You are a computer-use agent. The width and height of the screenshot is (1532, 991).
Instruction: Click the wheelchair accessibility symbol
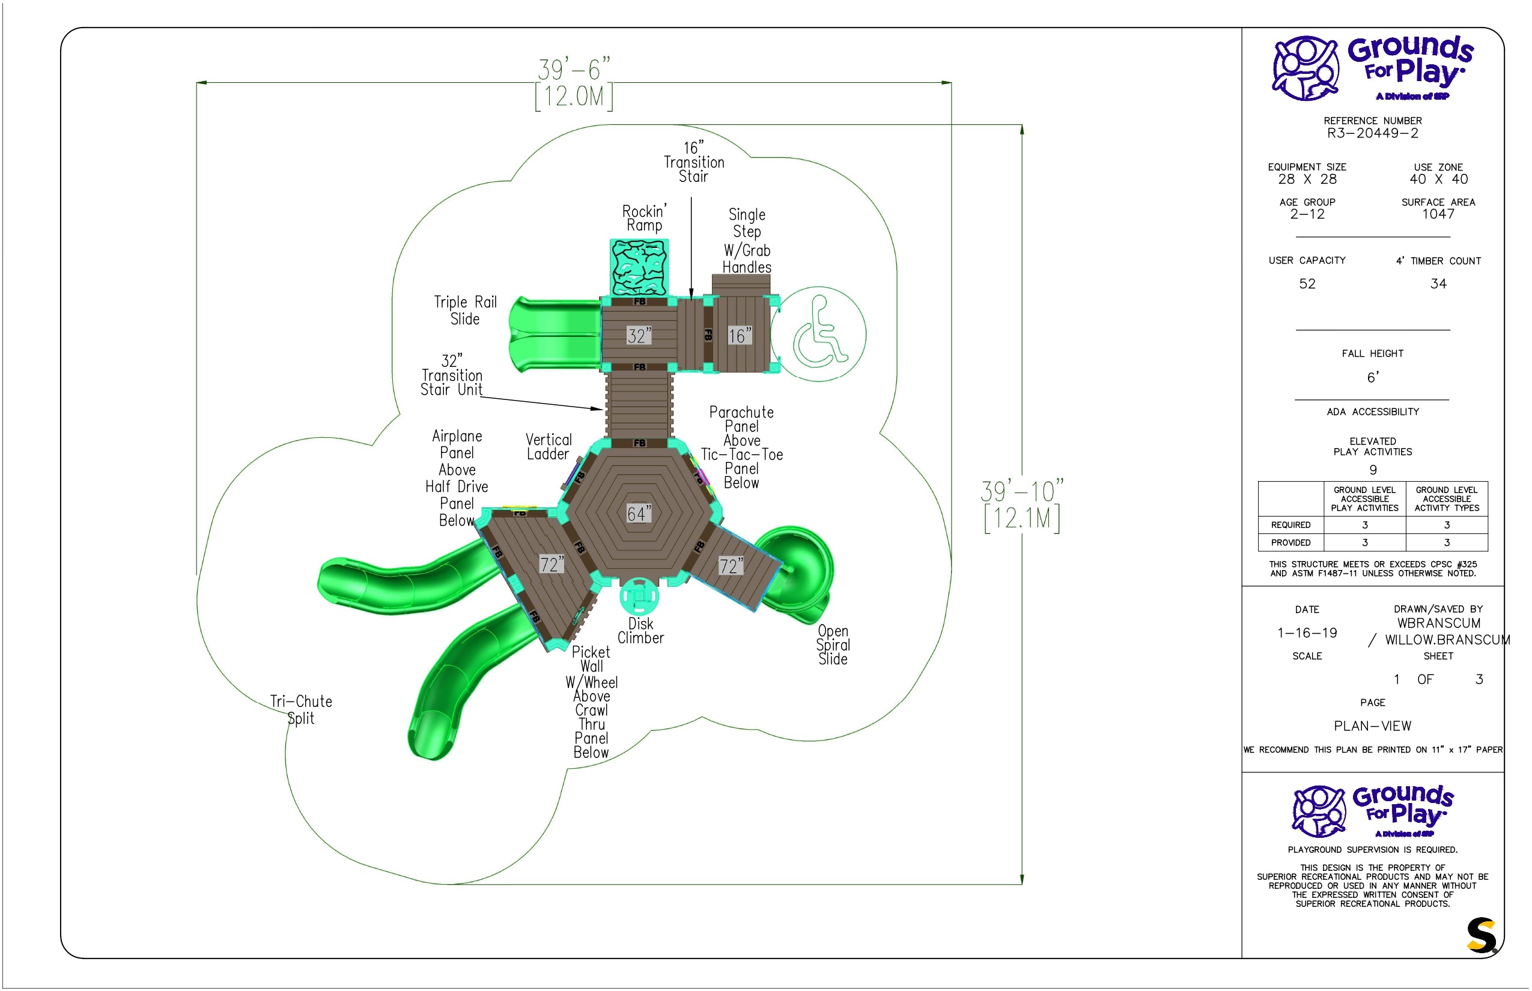[818, 334]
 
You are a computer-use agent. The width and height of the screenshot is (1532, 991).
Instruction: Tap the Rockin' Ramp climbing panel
[639, 268]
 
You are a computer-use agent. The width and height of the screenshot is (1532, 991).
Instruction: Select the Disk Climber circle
[639, 596]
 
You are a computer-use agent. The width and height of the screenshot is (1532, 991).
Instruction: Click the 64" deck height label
[639, 513]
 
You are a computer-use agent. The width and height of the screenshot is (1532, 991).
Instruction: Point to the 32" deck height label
[639, 335]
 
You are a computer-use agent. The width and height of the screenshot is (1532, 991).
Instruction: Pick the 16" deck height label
[740, 335]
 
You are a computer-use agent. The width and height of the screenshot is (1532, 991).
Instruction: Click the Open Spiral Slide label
[833, 645]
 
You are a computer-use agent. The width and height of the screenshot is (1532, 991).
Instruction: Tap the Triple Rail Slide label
[466, 310]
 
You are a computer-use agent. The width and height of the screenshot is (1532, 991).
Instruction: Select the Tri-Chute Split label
[301, 710]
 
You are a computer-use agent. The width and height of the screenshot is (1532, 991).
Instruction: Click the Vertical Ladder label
[549, 447]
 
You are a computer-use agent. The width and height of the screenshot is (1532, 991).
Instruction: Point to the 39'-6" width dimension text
[574, 70]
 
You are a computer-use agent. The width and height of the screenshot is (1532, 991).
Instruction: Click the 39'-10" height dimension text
[1022, 492]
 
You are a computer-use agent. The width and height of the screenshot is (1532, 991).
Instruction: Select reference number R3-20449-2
[1372, 133]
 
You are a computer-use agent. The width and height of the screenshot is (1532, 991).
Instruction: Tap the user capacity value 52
[1307, 283]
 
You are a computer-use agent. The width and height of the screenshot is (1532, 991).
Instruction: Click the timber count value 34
[1438, 283]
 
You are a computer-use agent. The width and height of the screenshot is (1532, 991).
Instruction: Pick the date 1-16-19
[1307, 632]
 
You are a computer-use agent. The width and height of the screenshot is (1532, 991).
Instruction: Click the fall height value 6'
[1373, 377]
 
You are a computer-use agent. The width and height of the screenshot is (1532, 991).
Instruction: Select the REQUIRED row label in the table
[1290, 525]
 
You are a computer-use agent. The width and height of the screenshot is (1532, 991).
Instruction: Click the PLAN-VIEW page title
[1372, 726]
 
